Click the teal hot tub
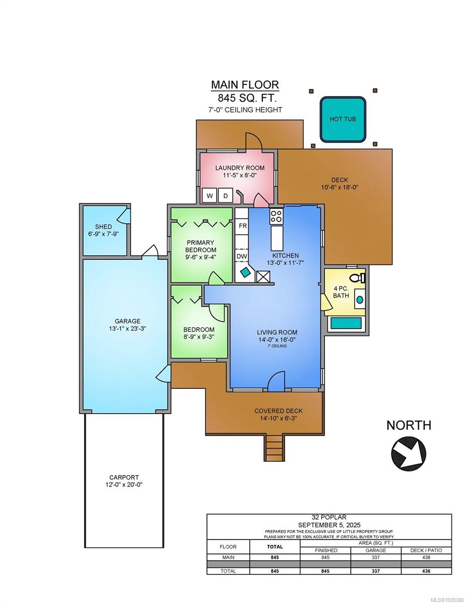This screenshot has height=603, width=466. (x=343, y=120)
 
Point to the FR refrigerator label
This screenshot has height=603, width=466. (x=242, y=226)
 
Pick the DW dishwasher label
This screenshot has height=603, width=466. (x=242, y=256)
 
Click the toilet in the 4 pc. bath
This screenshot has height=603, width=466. (x=357, y=277)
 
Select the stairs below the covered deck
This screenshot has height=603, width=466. (x=274, y=447)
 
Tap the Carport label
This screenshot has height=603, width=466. (x=124, y=477)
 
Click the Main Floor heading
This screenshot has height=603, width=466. (x=244, y=85)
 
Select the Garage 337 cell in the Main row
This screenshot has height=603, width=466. (x=376, y=557)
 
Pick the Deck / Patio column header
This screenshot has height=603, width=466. (x=427, y=550)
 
